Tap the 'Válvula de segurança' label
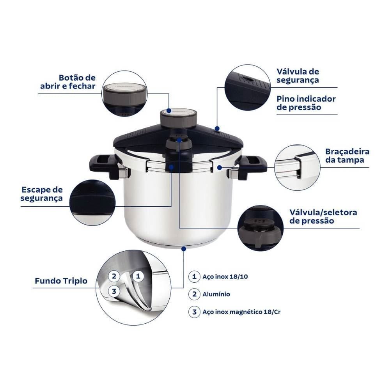click(298, 76)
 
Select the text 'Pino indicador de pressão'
click(306, 103)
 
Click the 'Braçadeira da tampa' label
click(347, 156)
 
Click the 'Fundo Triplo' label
click(61, 280)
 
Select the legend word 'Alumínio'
click(216, 294)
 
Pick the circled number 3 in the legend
click(194, 312)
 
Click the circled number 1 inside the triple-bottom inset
click(137, 276)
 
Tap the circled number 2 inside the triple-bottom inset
click(114, 276)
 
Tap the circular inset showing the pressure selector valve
click(261, 227)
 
